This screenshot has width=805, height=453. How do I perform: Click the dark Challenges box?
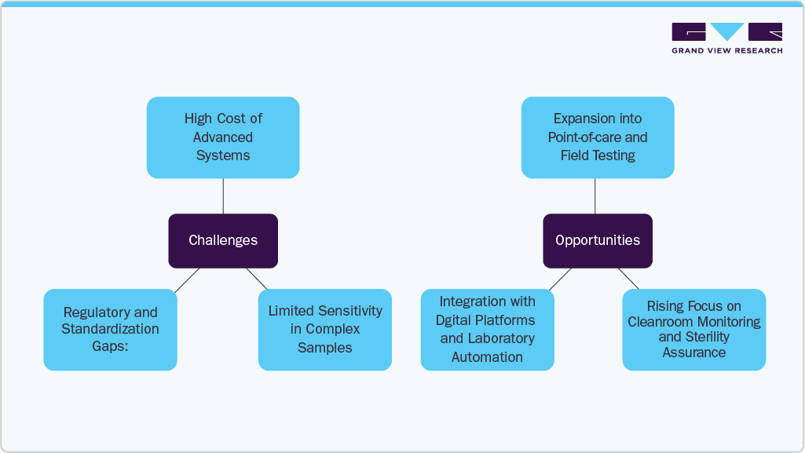(223, 240)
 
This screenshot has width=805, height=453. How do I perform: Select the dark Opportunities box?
(598, 240)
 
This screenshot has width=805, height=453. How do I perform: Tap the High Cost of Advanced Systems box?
(223, 137)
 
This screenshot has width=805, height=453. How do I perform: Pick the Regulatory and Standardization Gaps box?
(110, 330)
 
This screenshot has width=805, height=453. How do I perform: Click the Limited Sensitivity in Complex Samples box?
(325, 330)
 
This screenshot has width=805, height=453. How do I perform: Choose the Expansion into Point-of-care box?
(598, 137)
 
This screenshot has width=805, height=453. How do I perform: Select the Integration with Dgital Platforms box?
(487, 330)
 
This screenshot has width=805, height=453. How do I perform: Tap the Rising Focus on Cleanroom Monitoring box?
(693, 330)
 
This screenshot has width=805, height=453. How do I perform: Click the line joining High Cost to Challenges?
(223, 195)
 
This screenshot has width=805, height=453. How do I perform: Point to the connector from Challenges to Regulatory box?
(187, 279)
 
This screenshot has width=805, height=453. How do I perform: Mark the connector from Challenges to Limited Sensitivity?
(257, 279)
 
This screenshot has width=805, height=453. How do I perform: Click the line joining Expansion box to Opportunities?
(595, 195)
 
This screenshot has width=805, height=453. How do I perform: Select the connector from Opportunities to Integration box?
(560, 279)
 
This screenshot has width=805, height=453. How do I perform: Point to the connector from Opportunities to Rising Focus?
(628, 279)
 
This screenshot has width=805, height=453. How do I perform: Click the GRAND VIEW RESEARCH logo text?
(726, 51)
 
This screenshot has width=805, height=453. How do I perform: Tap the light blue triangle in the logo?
(727, 31)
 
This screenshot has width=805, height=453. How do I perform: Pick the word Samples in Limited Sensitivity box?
(325, 348)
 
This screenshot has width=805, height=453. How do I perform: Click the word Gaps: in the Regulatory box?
(110, 346)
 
